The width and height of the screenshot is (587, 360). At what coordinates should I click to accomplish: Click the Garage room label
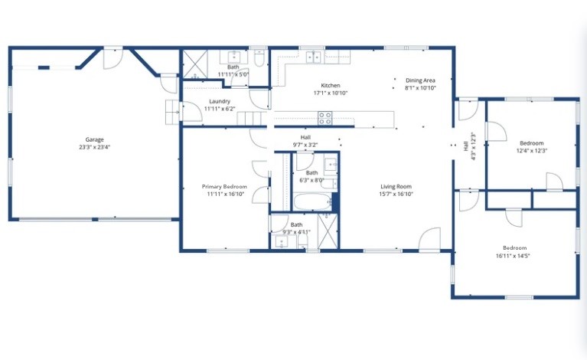94,139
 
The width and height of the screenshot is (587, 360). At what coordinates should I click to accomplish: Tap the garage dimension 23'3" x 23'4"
94,147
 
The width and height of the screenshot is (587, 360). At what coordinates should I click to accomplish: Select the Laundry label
220,101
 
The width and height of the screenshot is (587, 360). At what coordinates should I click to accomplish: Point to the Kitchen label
331,85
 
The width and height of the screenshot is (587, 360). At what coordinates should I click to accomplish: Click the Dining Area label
420,80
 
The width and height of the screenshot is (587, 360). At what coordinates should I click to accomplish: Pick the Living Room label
396,186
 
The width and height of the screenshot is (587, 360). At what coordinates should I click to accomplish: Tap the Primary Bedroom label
224,186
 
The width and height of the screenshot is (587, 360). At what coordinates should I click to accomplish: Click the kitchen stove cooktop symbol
325,118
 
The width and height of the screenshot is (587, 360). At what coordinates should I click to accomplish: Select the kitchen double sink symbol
313,57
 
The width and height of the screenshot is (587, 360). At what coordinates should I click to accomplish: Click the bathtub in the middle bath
311,203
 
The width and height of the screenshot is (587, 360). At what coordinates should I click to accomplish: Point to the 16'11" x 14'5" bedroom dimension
514,256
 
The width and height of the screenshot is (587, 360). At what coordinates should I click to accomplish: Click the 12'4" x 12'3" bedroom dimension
532,151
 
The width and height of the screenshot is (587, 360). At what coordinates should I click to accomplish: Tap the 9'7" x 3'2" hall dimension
305,145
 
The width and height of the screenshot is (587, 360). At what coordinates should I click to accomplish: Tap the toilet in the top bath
259,57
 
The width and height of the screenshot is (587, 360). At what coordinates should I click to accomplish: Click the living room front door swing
429,240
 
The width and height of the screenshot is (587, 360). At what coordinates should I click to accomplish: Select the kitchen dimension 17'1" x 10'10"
331,93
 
